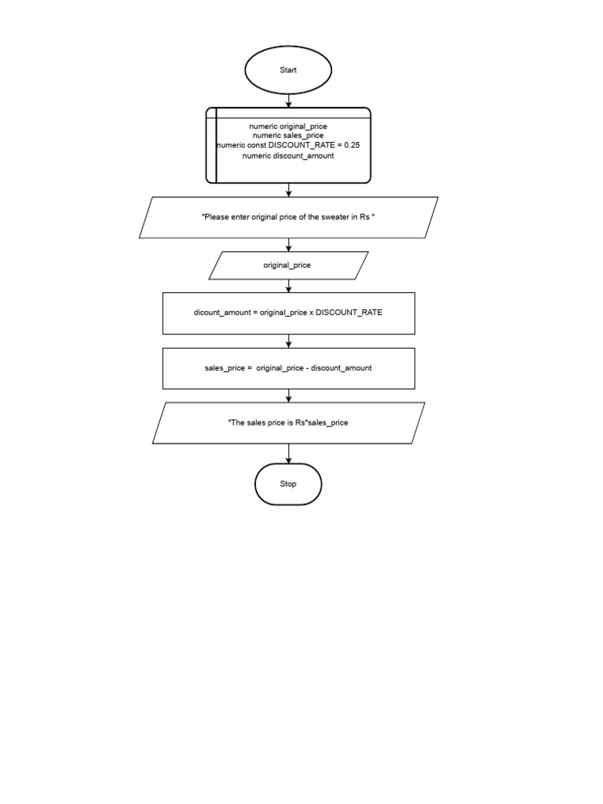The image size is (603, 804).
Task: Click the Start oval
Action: coord(288,71)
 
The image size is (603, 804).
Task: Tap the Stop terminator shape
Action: coord(288,484)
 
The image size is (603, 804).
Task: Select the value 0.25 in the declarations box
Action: coord(352,145)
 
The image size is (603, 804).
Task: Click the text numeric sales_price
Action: coord(287,136)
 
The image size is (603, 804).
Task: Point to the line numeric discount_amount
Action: coord(287,155)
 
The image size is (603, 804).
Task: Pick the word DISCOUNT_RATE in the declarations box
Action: coord(300,145)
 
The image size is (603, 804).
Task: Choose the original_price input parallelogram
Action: coord(287,265)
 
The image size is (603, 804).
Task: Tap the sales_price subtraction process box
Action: coord(288,368)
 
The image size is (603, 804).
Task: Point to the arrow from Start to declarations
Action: coord(289,100)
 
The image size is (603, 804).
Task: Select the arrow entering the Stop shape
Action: coord(289,454)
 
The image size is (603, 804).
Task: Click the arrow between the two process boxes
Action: coord(289,341)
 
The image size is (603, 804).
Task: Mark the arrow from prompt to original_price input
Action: coord(289,244)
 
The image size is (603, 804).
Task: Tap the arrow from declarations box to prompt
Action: coord(289,190)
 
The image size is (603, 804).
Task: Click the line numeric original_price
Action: coord(287,126)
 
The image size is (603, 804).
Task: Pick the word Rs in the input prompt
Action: coord(365,217)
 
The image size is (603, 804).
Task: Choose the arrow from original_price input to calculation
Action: coord(289,286)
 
